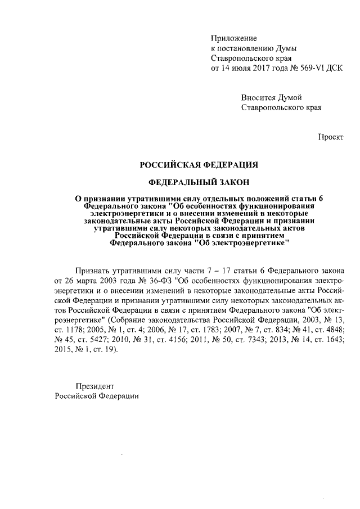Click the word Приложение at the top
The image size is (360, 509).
pos(233,38)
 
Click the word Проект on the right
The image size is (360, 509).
pos(331,137)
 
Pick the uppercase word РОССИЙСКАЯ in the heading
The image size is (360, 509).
pos(172,164)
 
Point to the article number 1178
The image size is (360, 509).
pos(77,327)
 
